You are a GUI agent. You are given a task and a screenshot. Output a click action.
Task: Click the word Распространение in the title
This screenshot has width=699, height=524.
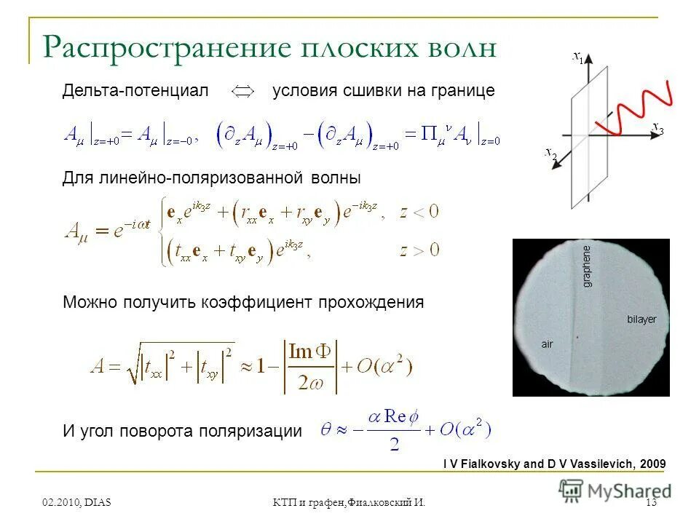(x=162, y=48)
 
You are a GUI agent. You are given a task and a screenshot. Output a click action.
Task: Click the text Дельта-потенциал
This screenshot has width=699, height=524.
(x=135, y=91)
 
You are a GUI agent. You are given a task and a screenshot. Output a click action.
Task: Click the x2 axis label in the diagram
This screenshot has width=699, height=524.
(x=550, y=152)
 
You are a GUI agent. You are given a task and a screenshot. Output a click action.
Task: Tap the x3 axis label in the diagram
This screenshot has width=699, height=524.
(x=657, y=129)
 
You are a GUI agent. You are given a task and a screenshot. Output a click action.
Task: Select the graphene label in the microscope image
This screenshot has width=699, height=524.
(x=588, y=266)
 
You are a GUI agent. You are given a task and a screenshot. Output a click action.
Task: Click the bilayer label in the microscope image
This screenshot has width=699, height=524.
(x=641, y=319)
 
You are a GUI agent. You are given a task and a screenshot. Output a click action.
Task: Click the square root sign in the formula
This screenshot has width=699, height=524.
(x=133, y=364)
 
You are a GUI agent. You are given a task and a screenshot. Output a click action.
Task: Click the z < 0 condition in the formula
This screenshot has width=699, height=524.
(x=419, y=213)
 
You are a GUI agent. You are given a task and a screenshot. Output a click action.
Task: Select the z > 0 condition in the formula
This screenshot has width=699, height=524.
(x=419, y=251)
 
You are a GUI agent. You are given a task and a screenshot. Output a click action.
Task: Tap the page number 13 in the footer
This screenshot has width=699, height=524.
(x=651, y=503)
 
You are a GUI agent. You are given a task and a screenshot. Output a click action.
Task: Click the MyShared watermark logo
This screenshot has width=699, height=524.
(x=615, y=491)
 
